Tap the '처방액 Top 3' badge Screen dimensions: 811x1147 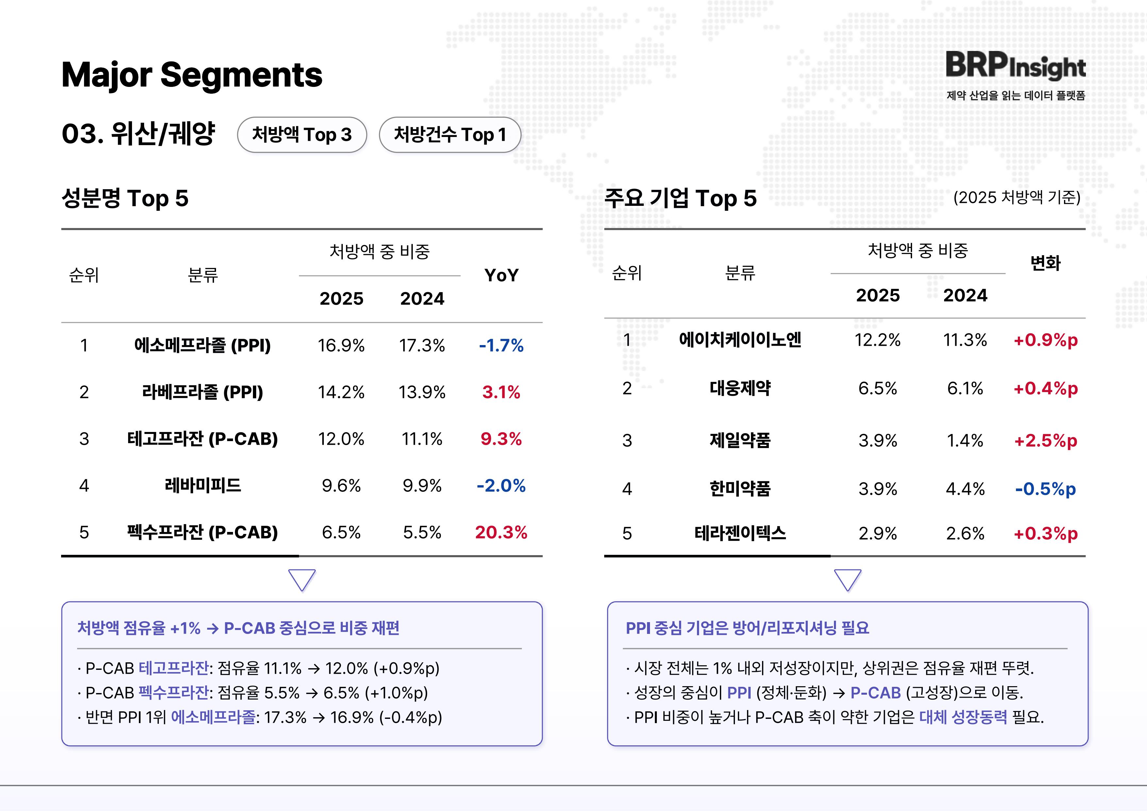302,135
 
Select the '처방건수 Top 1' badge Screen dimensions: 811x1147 450,135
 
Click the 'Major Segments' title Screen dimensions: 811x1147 192,75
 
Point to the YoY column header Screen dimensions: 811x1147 501,275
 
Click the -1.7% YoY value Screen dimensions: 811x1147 501,345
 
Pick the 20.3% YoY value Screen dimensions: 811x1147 501,532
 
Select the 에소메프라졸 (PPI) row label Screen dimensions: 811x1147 202,345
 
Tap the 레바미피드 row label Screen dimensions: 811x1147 202,486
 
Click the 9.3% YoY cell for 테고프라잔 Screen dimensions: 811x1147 501,439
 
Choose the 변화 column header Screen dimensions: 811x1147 1045,263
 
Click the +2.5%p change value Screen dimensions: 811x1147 1045,440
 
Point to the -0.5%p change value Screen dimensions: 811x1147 1045,488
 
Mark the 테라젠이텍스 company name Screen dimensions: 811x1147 740,533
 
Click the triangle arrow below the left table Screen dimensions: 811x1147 302,580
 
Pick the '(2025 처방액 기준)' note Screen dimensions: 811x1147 1017,198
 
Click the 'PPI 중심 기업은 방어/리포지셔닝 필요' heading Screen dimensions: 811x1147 747,628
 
